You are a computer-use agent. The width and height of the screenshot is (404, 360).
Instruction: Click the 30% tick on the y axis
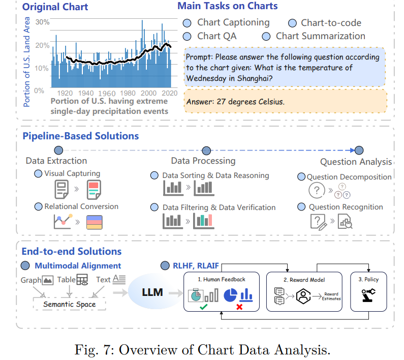point(42,22)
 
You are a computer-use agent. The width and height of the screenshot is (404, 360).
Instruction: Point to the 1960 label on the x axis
point(107,94)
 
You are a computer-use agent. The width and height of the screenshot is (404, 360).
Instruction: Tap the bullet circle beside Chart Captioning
point(187,23)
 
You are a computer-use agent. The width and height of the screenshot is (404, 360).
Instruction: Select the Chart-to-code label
point(331,23)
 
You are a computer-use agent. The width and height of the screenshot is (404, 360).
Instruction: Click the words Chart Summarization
point(320,36)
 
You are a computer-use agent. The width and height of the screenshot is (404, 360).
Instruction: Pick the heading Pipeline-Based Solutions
point(80,136)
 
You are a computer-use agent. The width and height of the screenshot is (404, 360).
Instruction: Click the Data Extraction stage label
point(56,161)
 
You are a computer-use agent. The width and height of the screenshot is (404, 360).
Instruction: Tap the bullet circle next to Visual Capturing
point(38,174)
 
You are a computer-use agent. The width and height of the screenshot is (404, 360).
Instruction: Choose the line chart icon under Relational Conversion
point(63,222)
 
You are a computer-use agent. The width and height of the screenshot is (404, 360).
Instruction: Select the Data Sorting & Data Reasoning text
point(215,175)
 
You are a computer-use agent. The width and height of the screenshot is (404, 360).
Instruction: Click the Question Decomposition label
point(349,177)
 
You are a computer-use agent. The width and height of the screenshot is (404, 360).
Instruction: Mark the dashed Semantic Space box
point(69,304)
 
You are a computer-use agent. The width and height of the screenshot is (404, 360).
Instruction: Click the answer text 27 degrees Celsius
point(235,102)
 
